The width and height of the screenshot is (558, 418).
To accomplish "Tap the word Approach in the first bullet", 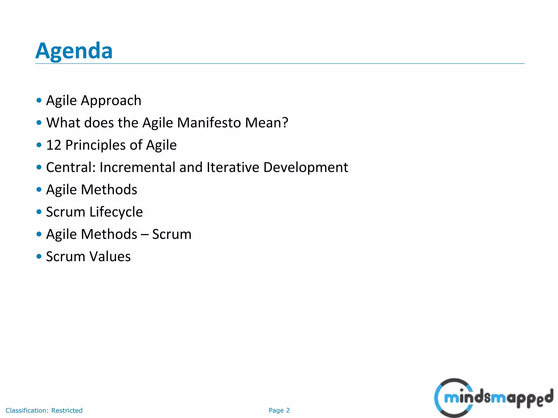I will point(111,101).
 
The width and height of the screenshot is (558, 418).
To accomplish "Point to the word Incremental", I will point(137,167).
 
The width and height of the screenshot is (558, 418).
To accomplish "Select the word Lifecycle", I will point(116,212).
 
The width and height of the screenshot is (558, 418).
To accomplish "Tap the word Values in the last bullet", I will point(110,257).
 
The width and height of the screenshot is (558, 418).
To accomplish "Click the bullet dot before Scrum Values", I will point(39,256).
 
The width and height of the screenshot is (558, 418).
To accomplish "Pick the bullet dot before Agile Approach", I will point(39,100).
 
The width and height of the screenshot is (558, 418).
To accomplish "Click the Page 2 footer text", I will point(279,410).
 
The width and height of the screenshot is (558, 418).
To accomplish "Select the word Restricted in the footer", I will point(67,410).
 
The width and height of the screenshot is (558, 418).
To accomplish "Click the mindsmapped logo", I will point(493,398).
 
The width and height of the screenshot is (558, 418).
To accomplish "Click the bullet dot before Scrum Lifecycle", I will point(39,212).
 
